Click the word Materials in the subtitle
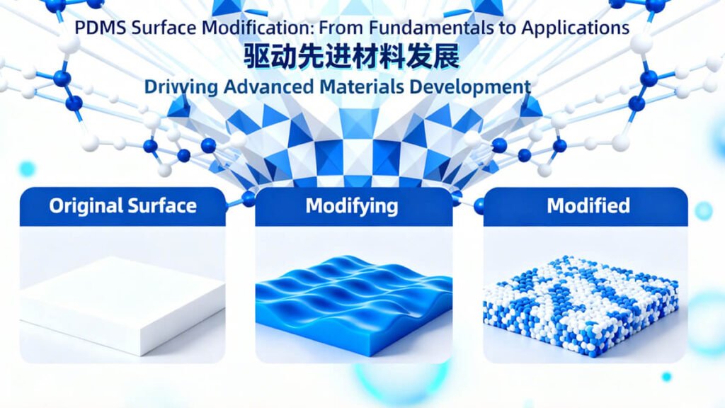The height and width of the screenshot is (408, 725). (368, 87)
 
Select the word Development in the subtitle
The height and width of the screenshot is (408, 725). (478, 87)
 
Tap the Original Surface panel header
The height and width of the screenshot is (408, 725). (122, 206)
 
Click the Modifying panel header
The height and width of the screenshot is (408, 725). (352, 206)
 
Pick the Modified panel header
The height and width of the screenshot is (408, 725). (588, 206)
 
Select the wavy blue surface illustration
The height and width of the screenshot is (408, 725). (353, 301)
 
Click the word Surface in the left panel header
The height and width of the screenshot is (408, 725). (161, 206)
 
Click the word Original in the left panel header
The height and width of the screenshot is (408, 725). (86, 206)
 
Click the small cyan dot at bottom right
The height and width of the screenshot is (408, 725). (666, 377)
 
